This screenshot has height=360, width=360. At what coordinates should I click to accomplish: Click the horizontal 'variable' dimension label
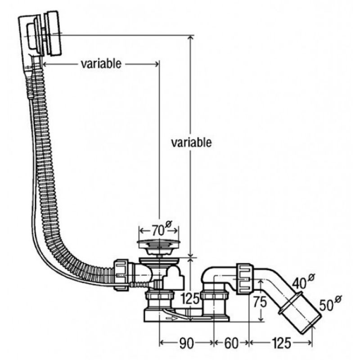101,64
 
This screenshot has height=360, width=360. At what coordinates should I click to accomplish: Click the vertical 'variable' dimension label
191,143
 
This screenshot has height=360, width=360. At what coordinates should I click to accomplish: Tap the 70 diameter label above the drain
157,231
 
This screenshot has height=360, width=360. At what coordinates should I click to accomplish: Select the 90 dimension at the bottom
187,344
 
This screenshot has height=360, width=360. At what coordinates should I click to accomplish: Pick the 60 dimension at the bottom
231,344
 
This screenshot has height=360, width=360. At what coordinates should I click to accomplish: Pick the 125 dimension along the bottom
281,344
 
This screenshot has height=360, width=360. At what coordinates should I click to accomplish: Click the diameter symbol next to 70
169,225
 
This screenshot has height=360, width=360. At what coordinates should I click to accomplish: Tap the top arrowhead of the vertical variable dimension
191,38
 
